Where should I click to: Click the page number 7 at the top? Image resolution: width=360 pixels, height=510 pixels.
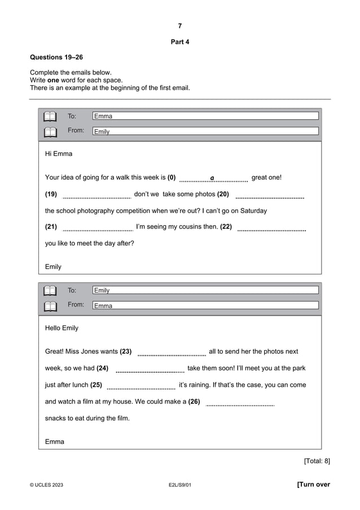click(x=179, y=26)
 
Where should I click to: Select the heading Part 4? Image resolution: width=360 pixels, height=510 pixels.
click(x=179, y=42)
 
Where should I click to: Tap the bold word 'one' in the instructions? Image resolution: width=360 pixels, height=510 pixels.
click(x=53, y=80)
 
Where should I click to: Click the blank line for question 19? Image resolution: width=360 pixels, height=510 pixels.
click(x=96, y=197)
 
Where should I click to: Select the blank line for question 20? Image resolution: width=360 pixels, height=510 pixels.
click(x=270, y=197)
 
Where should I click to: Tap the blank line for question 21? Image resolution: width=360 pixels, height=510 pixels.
click(x=97, y=229)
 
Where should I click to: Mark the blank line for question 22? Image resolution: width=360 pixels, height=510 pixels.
click(x=271, y=229)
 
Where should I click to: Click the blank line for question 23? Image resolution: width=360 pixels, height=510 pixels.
click(x=172, y=354)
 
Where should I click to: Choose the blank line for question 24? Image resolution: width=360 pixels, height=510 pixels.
click(x=150, y=371)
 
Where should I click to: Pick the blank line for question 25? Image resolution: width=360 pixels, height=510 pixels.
click(x=141, y=388)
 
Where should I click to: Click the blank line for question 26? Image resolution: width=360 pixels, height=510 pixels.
click(x=240, y=404)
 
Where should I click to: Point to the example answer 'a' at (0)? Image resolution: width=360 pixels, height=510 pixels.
click(x=212, y=178)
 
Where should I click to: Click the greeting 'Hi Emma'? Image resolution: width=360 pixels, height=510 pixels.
click(x=59, y=154)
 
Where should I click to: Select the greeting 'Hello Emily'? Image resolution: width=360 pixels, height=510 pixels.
click(x=62, y=328)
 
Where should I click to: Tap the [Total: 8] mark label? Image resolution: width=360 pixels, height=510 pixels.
click(x=317, y=461)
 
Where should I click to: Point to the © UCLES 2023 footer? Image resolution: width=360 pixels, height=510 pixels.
click(x=46, y=485)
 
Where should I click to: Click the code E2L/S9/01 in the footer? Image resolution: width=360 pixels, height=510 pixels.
click(x=179, y=485)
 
